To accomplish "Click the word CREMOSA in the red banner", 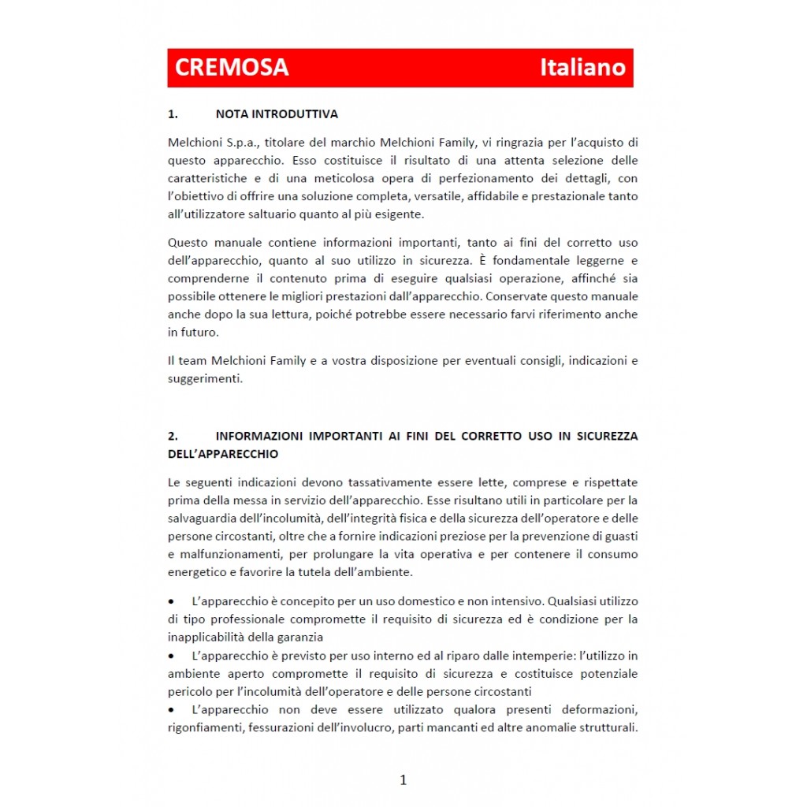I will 231,68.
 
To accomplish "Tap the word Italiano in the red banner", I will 582,68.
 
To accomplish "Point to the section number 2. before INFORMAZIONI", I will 173,436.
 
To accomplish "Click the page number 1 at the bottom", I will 403,780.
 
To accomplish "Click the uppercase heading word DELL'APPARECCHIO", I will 223,455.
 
